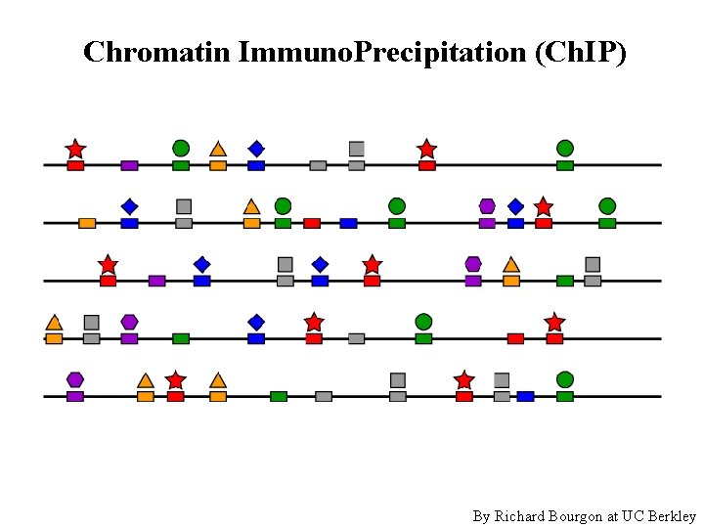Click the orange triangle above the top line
(x=218, y=149)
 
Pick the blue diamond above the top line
(x=256, y=149)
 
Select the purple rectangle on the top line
(x=129, y=165)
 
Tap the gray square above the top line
(x=357, y=149)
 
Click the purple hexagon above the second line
(x=487, y=206)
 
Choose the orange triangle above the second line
(x=251, y=206)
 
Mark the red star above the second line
(x=544, y=206)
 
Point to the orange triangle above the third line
(x=510, y=264)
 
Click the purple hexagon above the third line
(x=473, y=264)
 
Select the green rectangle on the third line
(x=565, y=281)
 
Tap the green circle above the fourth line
(x=423, y=322)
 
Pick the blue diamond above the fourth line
(x=256, y=322)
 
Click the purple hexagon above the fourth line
(x=129, y=322)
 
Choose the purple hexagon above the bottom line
(x=75, y=379)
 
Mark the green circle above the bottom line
(x=565, y=379)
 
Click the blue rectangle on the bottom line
(x=525, y=396)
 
